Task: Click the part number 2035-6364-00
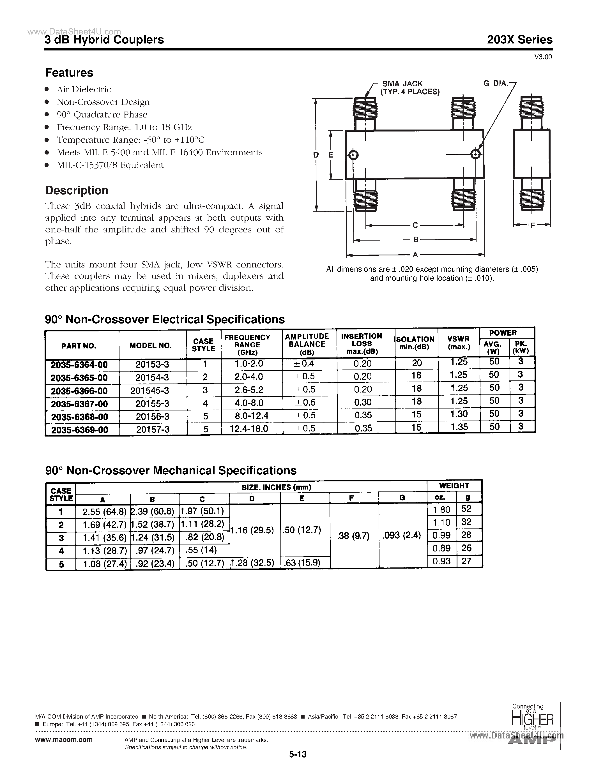tap(79, 364)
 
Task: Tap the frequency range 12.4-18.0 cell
tap(251, 429)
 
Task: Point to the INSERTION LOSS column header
tap(362, 343)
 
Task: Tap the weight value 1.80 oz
tap(441, 509)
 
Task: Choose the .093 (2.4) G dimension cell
tap(402, 535)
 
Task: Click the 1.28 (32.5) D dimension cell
tap(252, 562)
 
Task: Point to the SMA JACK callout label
tap(402, 84)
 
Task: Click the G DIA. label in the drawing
tap(495, 83)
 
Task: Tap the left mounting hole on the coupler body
tap(353, 155)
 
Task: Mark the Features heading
tap(69, 72)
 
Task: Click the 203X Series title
tap(520, 39)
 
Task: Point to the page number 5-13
tap(298, 754)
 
